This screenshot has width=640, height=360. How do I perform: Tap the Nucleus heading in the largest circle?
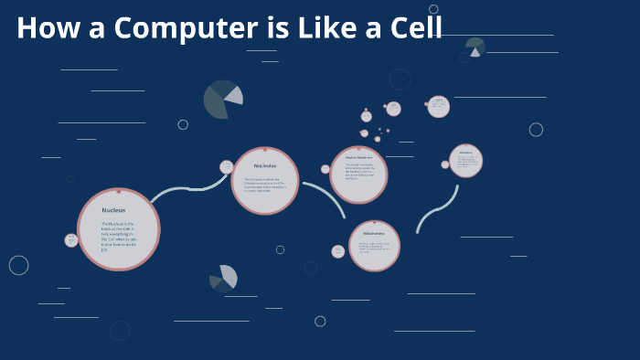tap(114, 210)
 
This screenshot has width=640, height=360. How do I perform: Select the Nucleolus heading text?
tap(265, 165)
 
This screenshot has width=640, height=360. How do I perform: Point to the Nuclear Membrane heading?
tap(357, 157)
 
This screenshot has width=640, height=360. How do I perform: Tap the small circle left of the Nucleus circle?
tap(71, 240)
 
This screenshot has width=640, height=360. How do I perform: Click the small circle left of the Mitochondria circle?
tap(338, 251)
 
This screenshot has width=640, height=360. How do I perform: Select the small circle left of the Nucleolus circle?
tap(227, 167)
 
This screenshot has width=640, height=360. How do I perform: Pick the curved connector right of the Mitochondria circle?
tap(436, 209)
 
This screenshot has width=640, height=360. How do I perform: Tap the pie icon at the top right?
tap(475, 48)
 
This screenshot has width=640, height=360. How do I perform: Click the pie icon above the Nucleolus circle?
tap(223, 100)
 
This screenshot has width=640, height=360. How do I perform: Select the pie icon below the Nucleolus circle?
tap(223, 279)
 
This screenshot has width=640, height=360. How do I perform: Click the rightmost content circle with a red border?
tap(465, 161)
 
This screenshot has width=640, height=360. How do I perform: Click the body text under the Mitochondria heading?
tap(374, 248)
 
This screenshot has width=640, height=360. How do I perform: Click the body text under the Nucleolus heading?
tap(264, 185)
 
